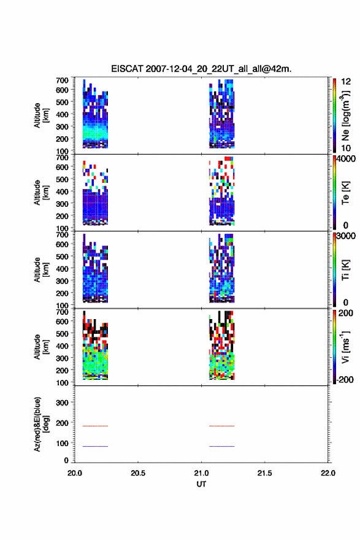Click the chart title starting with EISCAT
click(201, 69)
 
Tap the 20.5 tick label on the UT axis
click(137, 473)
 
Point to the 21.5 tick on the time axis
click(264, 473)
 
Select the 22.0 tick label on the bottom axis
click(327, 473)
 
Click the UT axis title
click(201, 484)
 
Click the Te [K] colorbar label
click(345, 193)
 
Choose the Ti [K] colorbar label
click(345, 269)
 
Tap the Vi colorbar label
click(345, 347)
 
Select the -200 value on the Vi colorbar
click(345, 379)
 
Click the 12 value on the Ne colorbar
click(346, 81)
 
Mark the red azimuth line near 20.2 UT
click(95, 426)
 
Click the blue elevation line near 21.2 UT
click(221, 446)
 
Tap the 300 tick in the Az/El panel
click(62, 403)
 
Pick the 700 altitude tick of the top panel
click(62, 80)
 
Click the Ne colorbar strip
click(334, 115)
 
